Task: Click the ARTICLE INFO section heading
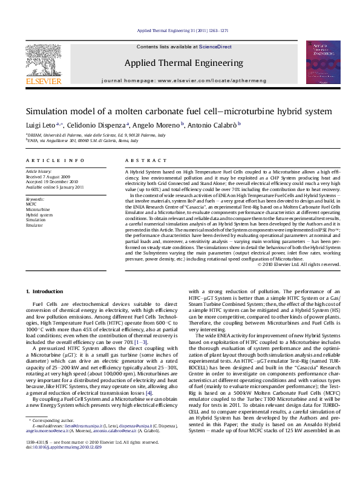[55, 161]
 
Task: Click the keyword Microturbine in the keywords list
[38, 209]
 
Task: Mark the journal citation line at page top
[182, 30]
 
